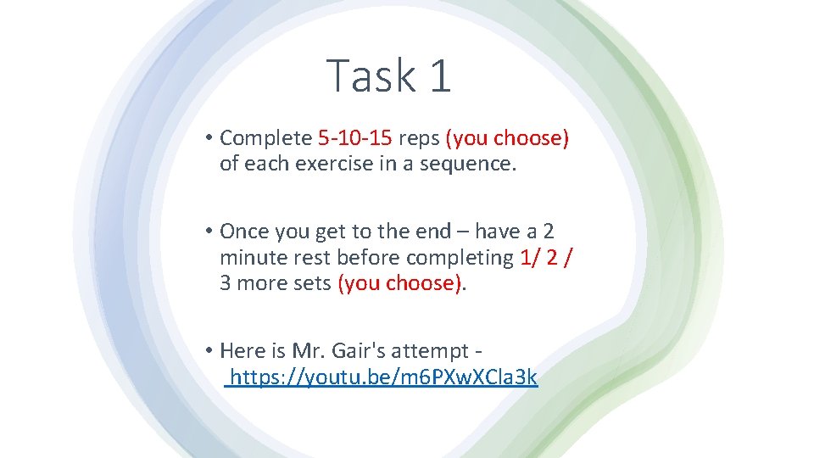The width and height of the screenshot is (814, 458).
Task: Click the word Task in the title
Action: point(370,75)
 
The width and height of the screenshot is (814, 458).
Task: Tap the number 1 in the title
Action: point(439,75)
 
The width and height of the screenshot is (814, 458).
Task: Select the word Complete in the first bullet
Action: point(265,138)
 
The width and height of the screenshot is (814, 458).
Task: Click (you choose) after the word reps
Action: point(507,138)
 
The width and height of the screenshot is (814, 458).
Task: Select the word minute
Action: point(252,257)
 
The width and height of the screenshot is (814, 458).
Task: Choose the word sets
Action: point(309,283)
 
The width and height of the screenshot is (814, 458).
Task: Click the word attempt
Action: point(437,351)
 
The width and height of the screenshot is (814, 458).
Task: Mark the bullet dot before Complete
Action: point(208,138)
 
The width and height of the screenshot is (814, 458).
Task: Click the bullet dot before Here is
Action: point(208,350)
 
